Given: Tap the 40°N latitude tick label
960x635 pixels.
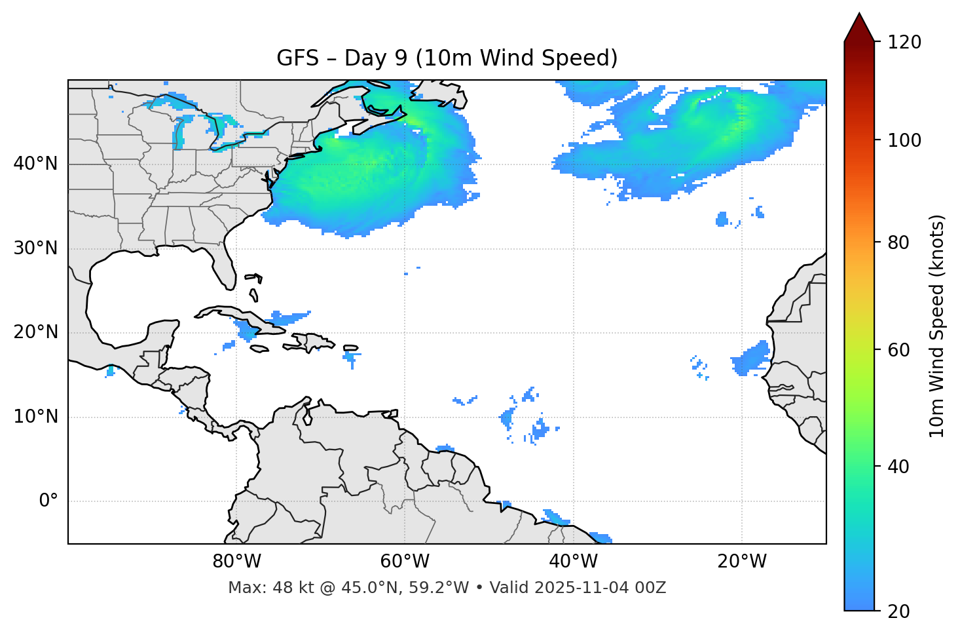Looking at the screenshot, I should (x=35, y=164).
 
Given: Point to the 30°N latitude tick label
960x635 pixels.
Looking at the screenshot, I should (x=35, y=248).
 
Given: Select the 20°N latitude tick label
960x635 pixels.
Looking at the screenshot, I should (x=35, y=332).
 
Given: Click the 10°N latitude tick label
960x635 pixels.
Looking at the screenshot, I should (x=35, y=417).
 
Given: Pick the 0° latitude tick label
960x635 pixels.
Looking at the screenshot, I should (x=48, y=501).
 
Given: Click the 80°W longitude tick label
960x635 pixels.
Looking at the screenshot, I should (x=236, y=562).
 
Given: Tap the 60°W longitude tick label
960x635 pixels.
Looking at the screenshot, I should (x=405, y=562).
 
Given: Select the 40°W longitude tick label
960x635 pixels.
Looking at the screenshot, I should (x=573, y=562).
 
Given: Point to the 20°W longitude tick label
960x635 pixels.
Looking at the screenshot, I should (x=741, y=562).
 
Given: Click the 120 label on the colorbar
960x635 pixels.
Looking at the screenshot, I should (x=904, y=43).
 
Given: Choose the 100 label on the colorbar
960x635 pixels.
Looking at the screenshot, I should (x=904, y=140).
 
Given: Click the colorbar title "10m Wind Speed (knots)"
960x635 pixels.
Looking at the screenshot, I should (x=937, y=326).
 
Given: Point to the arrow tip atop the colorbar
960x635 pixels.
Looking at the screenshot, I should (x=859, y=14).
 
